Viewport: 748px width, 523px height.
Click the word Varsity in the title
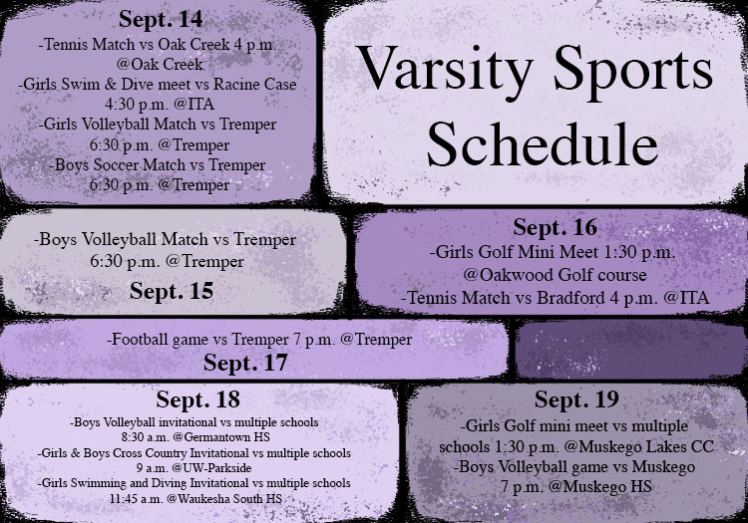444,69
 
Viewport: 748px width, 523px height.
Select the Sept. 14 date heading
161,20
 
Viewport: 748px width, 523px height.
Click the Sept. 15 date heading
172,292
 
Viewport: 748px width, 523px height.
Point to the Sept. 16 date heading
555,228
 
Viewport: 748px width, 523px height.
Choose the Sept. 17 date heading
245,364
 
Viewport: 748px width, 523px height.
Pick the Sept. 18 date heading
198,400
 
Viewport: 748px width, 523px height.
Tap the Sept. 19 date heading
576,399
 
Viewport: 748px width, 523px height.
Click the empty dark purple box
630,350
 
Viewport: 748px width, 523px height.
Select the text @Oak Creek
160,65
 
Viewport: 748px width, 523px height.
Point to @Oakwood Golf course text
555,275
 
